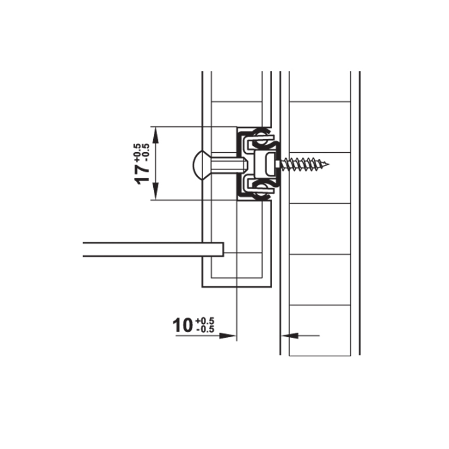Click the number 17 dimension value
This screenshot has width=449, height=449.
[143, 175]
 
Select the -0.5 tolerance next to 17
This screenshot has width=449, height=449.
[146, 153]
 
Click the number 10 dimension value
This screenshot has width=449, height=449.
[182, 326]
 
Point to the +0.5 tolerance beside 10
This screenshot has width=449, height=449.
[205, 320]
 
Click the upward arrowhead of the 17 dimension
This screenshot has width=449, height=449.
[155, 136]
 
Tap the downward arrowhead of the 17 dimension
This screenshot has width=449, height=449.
[155, 191]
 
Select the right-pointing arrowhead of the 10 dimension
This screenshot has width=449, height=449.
[227, 336]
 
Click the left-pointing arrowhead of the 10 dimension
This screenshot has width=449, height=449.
[290, 335]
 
